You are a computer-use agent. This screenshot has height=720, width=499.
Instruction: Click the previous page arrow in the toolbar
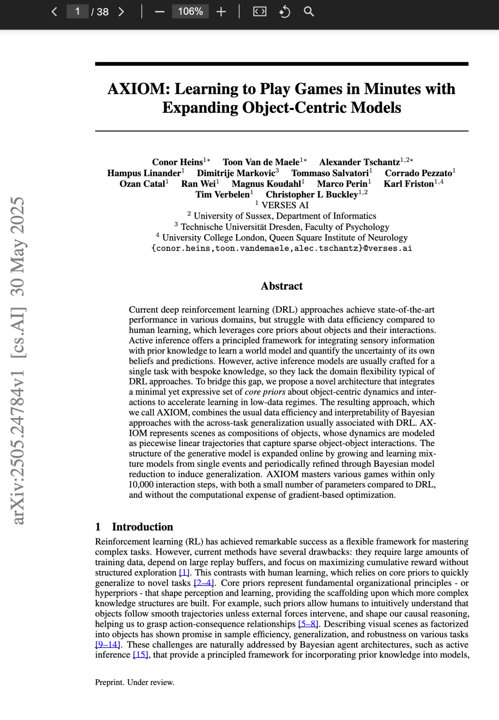point(54,12)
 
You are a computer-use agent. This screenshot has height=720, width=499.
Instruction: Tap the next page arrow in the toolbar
point(121,12)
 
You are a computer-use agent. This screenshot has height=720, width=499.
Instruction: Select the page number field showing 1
point(78,12)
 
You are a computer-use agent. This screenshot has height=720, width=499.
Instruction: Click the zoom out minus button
point(159,12)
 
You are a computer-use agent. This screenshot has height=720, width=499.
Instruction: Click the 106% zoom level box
point(190,12)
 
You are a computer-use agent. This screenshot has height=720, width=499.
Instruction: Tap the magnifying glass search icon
point(309,12)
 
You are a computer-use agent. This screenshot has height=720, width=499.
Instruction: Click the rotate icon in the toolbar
point(285,12)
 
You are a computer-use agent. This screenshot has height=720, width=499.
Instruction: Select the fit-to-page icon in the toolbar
point(260,12)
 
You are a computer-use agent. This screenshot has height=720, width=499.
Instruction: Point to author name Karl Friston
point(409,184)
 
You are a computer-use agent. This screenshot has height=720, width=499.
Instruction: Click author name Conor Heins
point(177,162)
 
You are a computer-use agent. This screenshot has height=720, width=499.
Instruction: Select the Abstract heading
point(281,286)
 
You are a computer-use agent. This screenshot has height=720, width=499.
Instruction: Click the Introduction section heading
point(142,527)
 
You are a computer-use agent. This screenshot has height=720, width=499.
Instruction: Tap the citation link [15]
point(140,655)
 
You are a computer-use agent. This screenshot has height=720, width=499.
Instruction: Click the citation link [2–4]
point(203,583)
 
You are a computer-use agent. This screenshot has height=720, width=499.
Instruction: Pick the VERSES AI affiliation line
point(285,205)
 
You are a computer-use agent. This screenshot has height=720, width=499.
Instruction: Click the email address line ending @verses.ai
point(281,248)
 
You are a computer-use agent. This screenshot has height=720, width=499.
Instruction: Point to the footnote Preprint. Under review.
point(134,682)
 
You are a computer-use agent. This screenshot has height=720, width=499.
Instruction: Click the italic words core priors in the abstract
point(265,392)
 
